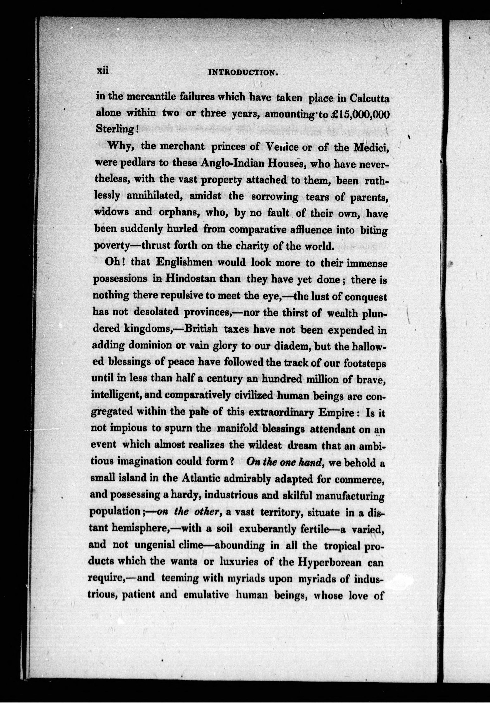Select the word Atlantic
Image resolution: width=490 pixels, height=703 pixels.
pos(200,478)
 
